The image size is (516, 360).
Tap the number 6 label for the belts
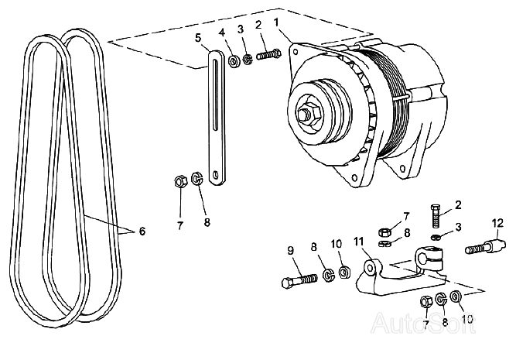pyautogui.click(x=141, y=231)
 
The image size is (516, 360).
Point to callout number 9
pyautogui.click(x=290, y=249)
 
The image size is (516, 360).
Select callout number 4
pyautogui.click(x=222, y=33)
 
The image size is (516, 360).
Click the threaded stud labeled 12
pyautogui.click(x=480, y=249)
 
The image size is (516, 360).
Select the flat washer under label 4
pyautogui.click(x=234, y=58)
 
